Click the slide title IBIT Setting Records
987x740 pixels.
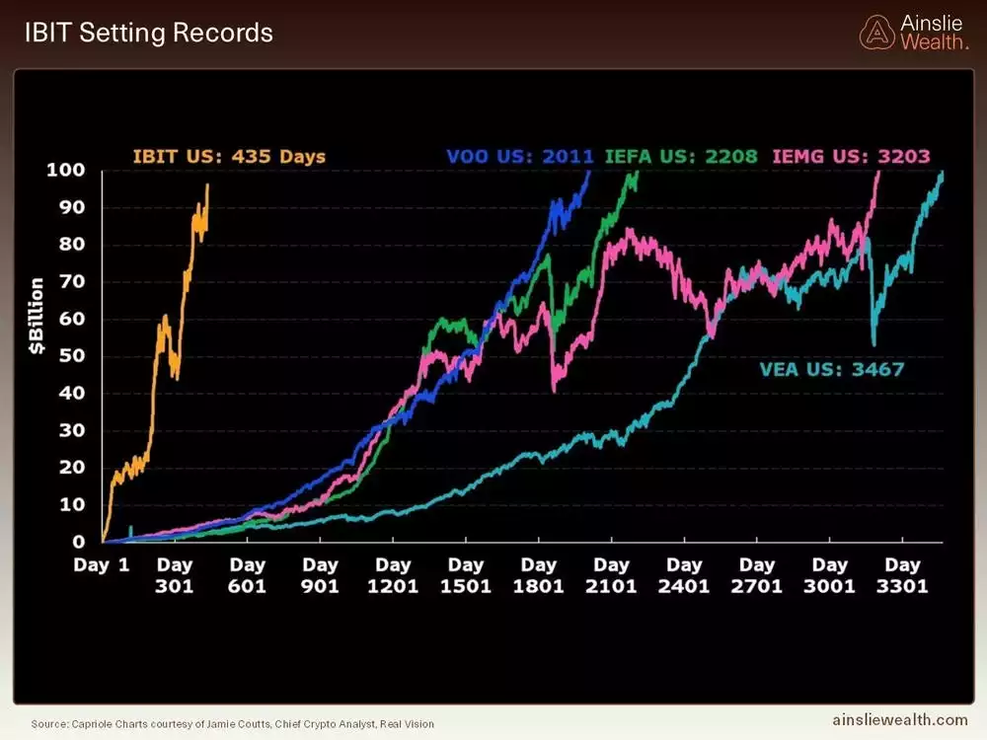[x=148, y=32]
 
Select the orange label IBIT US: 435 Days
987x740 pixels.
[x=229, y=156]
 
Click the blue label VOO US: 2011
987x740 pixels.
[x=520, y=156]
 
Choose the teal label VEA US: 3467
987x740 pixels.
[x=831, y=370]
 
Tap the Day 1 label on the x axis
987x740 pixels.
[x=102, y=565]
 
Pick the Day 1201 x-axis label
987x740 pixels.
[x=393, y=575]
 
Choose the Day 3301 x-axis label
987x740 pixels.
[x=903, y=575]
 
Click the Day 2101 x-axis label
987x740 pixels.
[x=611, y=575]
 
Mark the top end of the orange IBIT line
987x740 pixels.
[x=207, y=185]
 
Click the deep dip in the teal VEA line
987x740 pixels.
[x=873, y=343]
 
